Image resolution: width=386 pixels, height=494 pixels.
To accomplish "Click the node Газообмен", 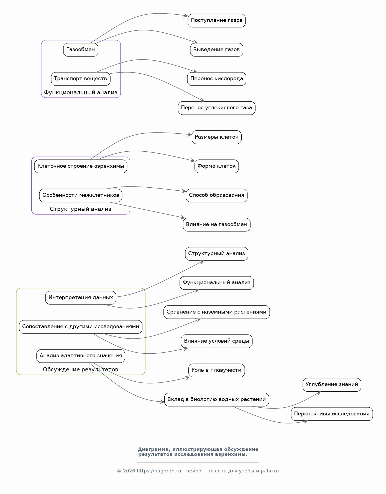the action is [81, 50].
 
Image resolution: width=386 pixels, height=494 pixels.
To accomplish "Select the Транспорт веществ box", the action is [81, 79].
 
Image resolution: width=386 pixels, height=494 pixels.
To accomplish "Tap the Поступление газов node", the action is [217, 20].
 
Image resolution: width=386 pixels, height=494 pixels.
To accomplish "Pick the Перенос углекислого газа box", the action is [217, 108].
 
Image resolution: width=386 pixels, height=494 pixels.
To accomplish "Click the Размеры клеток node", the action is [217, 137].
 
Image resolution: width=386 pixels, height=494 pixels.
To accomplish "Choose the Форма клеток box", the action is [217, 166].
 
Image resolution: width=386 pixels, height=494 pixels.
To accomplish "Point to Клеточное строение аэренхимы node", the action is [81, 166].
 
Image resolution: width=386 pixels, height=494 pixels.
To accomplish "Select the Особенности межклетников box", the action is [81, 195].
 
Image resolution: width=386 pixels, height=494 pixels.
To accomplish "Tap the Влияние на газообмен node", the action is [217, 225].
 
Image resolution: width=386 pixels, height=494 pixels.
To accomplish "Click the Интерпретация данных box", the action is [81, 298].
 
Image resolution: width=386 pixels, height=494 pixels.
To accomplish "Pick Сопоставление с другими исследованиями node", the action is [81, 327].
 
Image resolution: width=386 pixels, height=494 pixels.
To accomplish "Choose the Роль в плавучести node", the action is [217, 370].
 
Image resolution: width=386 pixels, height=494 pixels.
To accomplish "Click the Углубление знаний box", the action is [332, 385].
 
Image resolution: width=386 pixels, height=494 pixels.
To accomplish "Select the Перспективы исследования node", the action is [332, 414].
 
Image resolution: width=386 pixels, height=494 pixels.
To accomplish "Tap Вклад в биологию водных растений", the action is [217, 400].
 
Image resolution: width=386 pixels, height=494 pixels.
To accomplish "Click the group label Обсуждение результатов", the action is [81, 370].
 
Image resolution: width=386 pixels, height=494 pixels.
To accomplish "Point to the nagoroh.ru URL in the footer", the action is [159, 471].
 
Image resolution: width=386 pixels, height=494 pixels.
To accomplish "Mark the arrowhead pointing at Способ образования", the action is [184, 191].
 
